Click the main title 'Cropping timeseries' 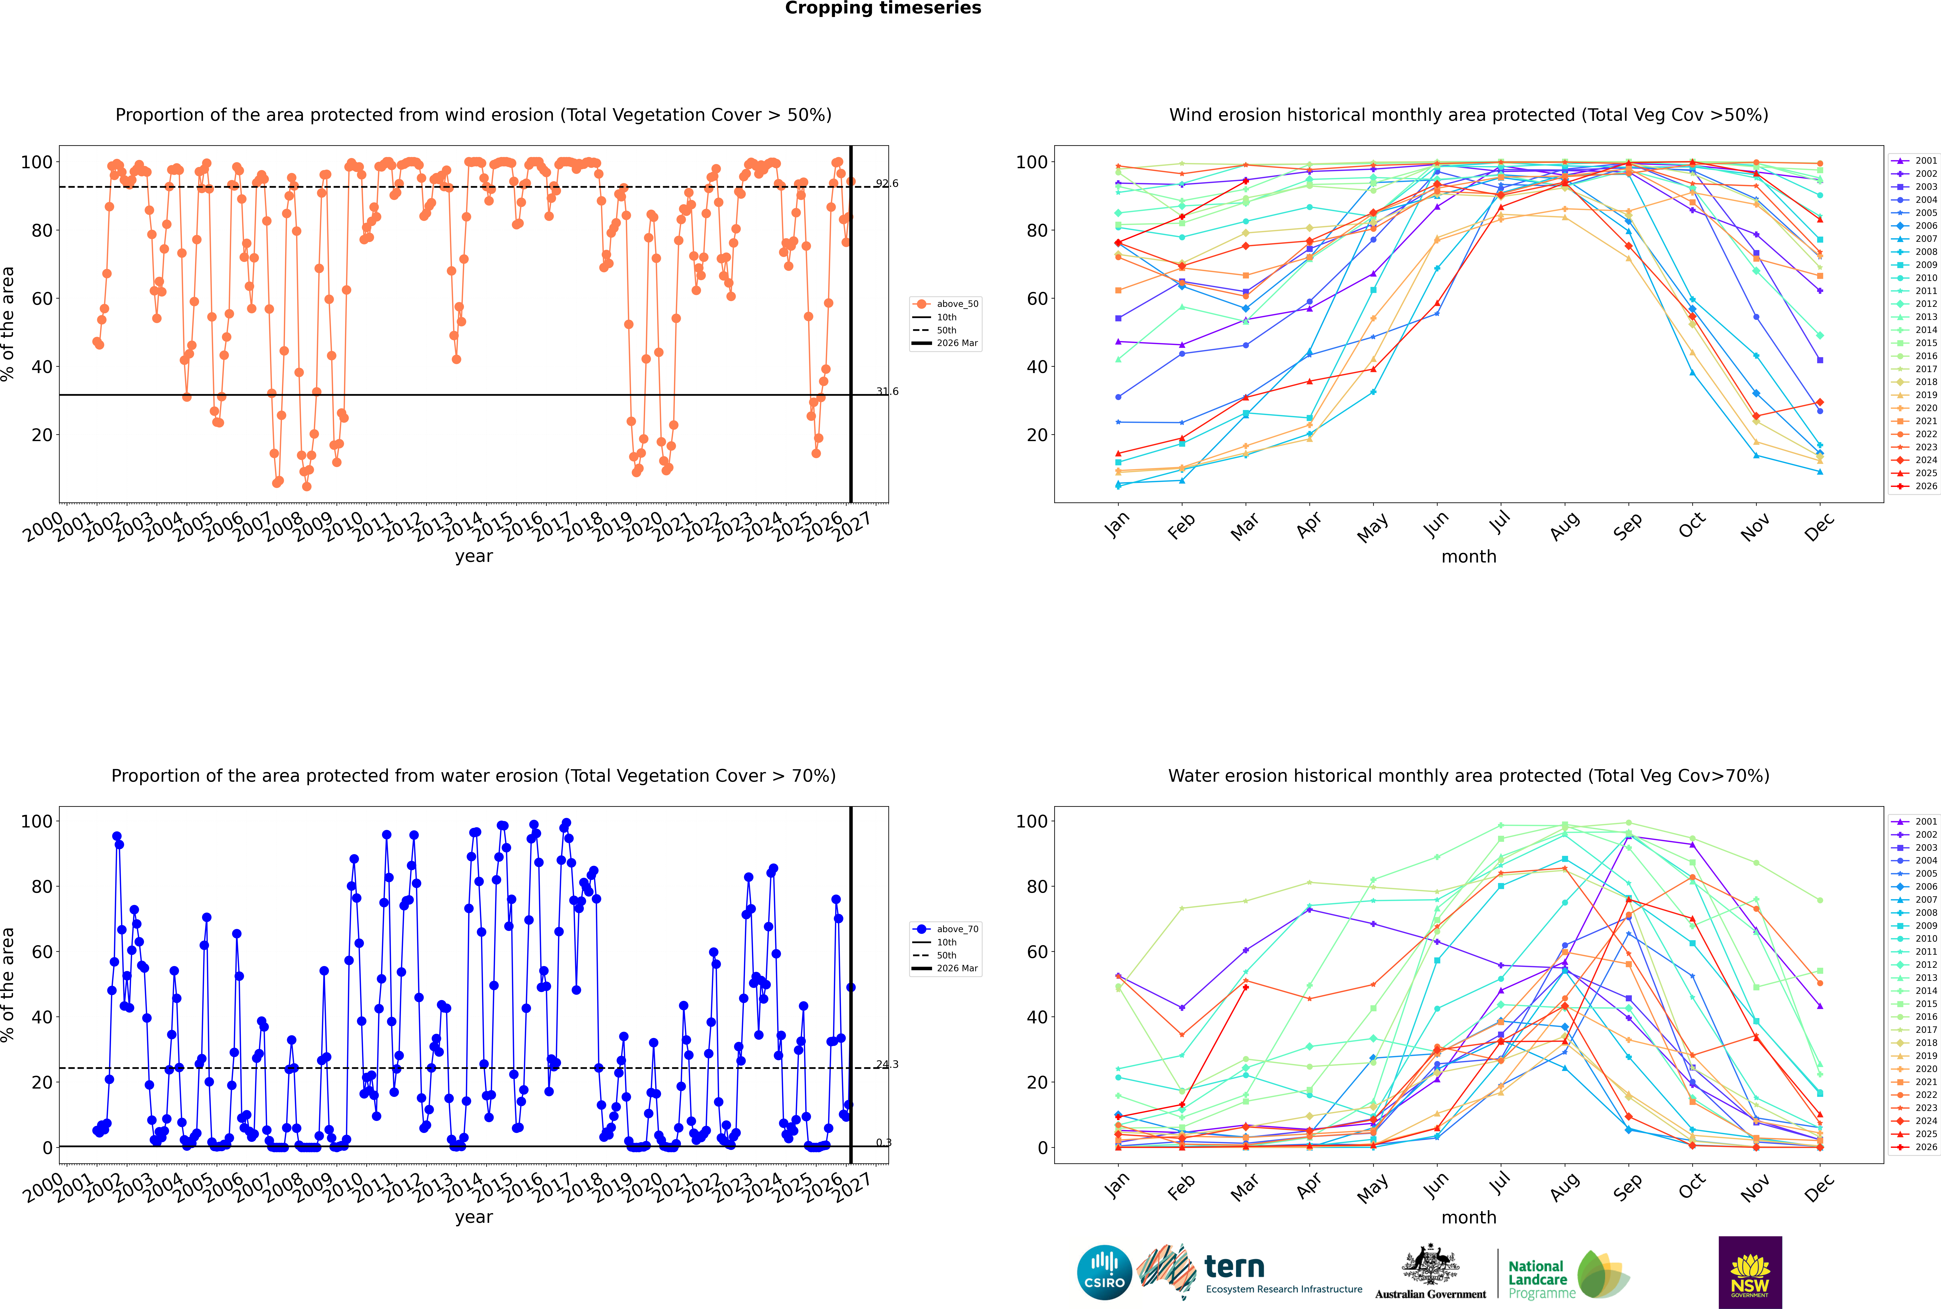point(883,8)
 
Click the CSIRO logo point(1104,1272)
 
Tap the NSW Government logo point(1750,1272)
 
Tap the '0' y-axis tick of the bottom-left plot point(48,1148)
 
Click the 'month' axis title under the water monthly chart point(1469,1218)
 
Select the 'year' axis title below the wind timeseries point(474,557)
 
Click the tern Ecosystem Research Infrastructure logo point(1249,1272)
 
